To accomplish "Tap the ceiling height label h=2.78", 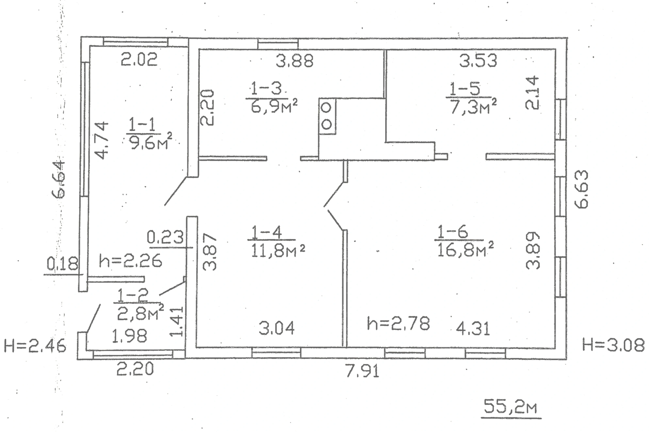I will [x=398, y=324].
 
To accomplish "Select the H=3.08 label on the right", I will [x=613, y=346].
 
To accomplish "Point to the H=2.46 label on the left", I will [x=34, y=347].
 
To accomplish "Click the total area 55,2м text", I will [x=511, y=407].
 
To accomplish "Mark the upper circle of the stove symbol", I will [x=327, y=108].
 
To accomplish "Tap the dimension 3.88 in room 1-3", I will [x=295, y=61].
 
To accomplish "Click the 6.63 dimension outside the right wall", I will [x=581, y=189].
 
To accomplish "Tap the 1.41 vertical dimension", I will [x=178, y=322].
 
